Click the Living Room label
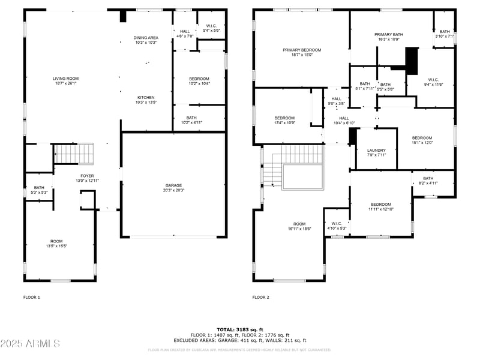pyautogui.click(x=66, y=79)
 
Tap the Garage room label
pyautogui.click(x=174, y=185)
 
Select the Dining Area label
pyautogui.click(x=145, y=38)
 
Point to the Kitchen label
pyautogui.click(x=146, y=97)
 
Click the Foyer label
pyautogui.click(x=84, y=176)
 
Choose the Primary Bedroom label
pyautogui.click(x=302, y=50)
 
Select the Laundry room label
pyautogui.click(x=377, y=150)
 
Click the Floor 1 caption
pyautogui.click(x=31, y=297)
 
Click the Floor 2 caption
pyautogui.click(x=260, y=297)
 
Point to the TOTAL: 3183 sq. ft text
pyautogui.click(x=240, y=329)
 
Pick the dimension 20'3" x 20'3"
pyautogui.click(x=174, y=191)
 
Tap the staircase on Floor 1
pyautogui.click(x=74, y=154)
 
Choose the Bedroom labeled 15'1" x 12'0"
pyautogui.click(x=422, y=137)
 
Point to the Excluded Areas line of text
pyautogui.click(x=240, y=340)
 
